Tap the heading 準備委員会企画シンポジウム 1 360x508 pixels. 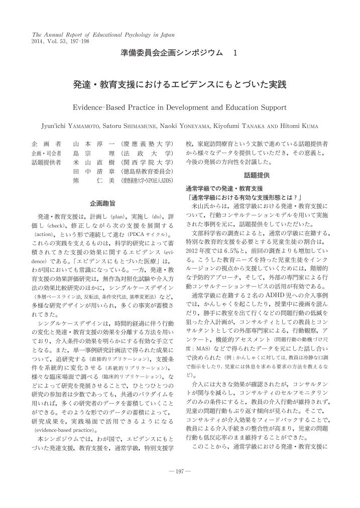tap(179, 53)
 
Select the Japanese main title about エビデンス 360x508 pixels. tap(179, 85)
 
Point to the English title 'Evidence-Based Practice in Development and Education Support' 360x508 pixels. tap(179, 107)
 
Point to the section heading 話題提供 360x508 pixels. tap(257, 175)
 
